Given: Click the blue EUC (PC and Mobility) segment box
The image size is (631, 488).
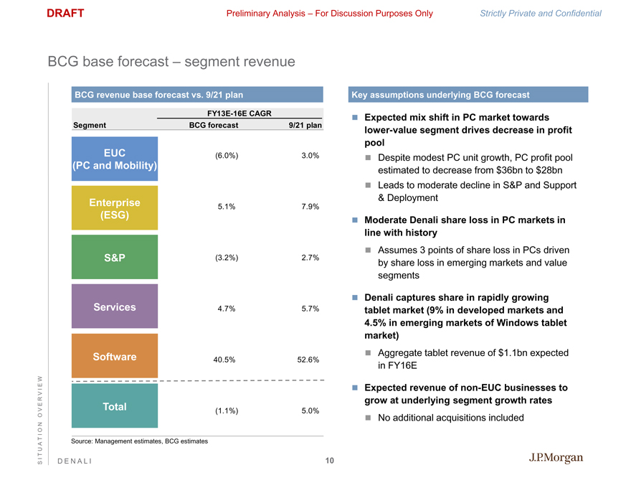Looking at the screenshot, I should click(115, 159).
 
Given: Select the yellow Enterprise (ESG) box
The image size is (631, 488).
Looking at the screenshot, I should click(115, 209).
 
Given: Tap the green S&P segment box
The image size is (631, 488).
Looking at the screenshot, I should click(115, 258).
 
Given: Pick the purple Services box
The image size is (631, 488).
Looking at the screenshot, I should click(115, 307).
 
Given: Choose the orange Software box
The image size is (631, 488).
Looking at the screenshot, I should click(115, 357).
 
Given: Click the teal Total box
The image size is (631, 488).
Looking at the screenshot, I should click(115, 407).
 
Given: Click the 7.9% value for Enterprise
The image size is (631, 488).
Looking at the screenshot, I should click(310, 207).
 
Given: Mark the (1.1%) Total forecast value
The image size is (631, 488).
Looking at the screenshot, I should click(226, 411).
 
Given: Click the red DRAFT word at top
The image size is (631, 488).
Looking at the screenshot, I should click(65, 13).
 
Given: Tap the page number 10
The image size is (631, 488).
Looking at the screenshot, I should click(329, 461).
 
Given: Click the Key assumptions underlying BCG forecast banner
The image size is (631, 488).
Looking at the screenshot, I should click(468, 95).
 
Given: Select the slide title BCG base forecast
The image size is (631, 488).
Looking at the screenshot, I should click(171, 62).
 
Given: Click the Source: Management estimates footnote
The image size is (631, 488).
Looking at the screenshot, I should click(140, 441).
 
